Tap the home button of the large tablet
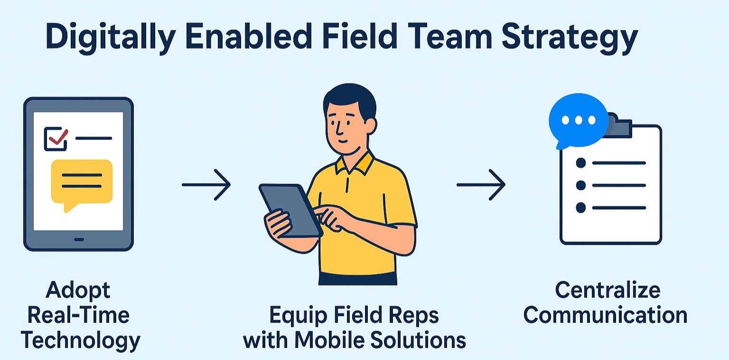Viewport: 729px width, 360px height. pos(79,240)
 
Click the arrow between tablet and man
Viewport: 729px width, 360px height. pos(206,185)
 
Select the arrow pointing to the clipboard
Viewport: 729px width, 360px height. pos(481,185)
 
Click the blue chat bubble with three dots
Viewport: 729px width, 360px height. pos(579,121)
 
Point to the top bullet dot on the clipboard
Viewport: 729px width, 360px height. pos(581,163)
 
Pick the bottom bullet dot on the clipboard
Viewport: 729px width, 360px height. pos(581,207)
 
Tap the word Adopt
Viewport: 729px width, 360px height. pos(78,291)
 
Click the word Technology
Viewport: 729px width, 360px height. pos(80,341)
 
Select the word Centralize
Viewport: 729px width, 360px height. pos(607,290)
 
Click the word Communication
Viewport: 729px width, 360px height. pos(605,315)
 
